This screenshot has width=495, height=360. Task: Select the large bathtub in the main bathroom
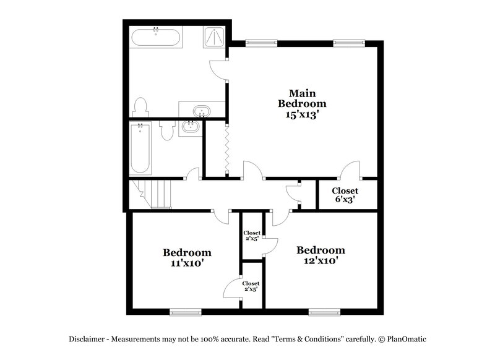point(157,38)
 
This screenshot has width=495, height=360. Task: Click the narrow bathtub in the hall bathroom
point(140,149)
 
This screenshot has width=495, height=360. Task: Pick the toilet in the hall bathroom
point(166,130)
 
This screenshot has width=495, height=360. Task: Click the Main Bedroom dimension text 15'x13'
point(301,114)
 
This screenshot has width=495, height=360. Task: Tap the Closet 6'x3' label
point(345,199)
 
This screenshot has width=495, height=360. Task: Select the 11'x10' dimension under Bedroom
point(187,263)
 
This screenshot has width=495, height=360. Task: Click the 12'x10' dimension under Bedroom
point(321,260)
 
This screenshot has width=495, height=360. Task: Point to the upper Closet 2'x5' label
point(252,236)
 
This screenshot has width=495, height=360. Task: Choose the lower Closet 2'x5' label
point(251,286)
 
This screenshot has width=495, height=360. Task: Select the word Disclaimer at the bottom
point(87,339)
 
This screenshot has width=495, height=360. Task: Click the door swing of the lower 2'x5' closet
point(233,286)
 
